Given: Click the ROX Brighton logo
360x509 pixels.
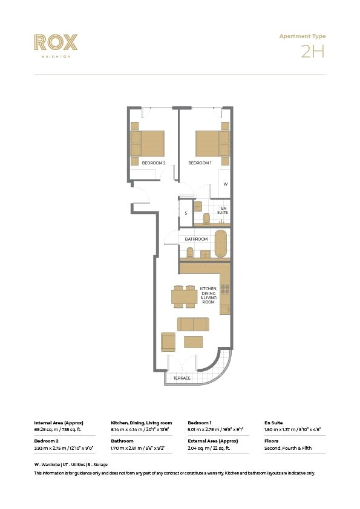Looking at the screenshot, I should pyautogui.click(x=56, y=44).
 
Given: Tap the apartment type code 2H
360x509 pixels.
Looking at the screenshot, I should pyautogui.click(x=313, y=51).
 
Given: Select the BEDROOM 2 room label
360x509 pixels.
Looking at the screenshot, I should pyautogui.click(x=154, y=163).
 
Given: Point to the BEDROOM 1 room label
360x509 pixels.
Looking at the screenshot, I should pyautogui.click(x=200, y=163).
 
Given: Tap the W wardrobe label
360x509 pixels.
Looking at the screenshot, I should pyautogui.click(x=225, y=184).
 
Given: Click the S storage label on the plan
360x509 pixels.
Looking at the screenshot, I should pyautogui.click(x=186, y=213).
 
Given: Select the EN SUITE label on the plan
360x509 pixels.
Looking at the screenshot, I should pyautogui.click(x=223, y=210).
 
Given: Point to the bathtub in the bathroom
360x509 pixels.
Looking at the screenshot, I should pyautogui.click(x=221, y=244).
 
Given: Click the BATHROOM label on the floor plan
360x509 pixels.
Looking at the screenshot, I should pyautogui.click(x=196, y=239).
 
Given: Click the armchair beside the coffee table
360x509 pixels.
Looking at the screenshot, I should pyautogui.click(x=168, y=342).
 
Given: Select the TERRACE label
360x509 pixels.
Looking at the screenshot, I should pyautogui.click(x=182, y=378).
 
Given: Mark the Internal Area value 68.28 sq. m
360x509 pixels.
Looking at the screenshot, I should pyautogui.click(x=57, y=429).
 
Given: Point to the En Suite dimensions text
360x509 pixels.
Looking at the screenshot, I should pyautogui.click(x=292, y=429).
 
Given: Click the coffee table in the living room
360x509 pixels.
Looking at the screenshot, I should pyautogui.click(x=194, y=342).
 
